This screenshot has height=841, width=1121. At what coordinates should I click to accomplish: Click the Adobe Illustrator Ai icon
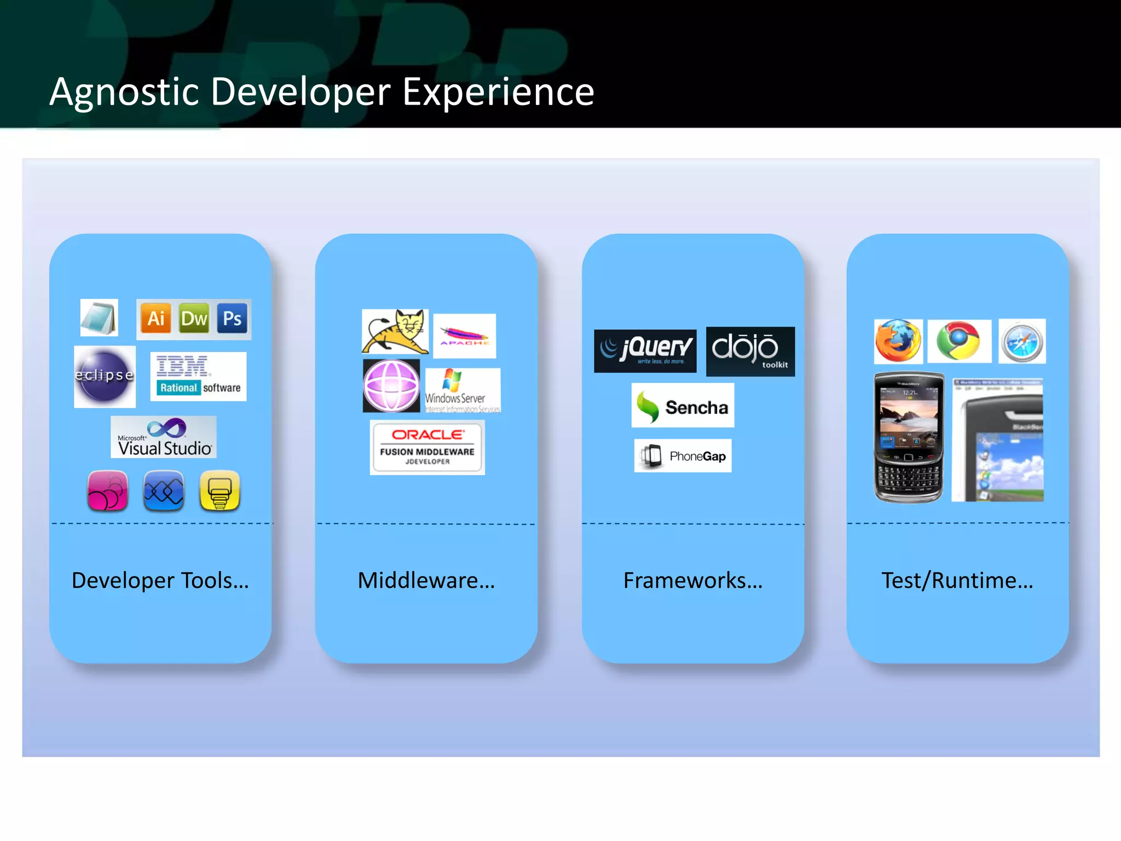pyautogui.click(x=155, y=319)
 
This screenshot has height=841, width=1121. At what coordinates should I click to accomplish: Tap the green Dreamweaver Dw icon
pyautogui.click(x=194, y=319)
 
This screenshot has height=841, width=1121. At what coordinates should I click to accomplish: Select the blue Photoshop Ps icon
pyautogui.click(x=232, y=319)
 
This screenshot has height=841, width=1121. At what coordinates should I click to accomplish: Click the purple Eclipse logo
pyautogui.click(x=105, y=377)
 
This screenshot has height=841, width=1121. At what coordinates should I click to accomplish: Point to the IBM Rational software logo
pyautogui.click(x=198, y=377)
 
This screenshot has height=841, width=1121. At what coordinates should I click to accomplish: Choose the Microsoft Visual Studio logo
pyautogui.click(x=164, y=437)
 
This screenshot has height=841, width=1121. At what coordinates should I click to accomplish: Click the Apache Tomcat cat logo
pyautogui.click(x=395, y=331)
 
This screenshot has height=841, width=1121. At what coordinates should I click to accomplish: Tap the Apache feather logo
pyautogui.click(x=464, y=336)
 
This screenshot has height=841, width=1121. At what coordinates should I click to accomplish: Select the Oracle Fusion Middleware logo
pyautogui.click(x=427, y=447)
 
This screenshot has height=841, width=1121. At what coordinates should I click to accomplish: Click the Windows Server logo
pyautogui.click(x=463, y=390)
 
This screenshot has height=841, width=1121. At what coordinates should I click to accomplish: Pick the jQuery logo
pyautogui.click(x=645, y=350)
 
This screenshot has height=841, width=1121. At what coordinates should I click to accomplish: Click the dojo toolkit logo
pyautogui.click(x=750, y=351)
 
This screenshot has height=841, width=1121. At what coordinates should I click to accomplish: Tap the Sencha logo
pyautogui.click(x=683, y=405)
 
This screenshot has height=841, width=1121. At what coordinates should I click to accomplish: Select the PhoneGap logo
pyautogui.click(x=683, y=456)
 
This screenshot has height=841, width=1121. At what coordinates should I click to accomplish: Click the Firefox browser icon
pyautogui.click(x=898, y=341)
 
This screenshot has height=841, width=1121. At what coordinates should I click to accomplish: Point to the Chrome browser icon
pyautogui.click(x=958, y=341)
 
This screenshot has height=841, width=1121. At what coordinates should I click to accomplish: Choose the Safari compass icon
pyautogui.click(x=1022, y=341)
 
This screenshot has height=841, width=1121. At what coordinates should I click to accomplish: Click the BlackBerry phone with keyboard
pyautogui.click(x=909, y=437)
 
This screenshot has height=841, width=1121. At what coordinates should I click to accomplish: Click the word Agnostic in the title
pyautogui.click(x=124, y=92)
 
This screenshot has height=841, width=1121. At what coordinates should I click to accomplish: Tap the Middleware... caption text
pyautogui.click(x=426, y=580)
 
